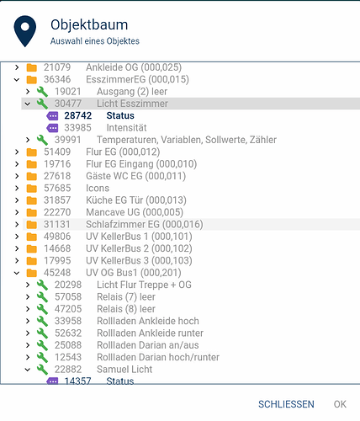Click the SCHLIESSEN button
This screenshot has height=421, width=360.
(x=286, y=404)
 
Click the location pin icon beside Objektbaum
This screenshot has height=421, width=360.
(x=25, y=31)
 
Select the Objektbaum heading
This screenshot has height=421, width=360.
(x=89, y=24)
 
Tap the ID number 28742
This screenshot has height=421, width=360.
(x=78, y=115)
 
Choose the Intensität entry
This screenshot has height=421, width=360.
(x=126, y=128)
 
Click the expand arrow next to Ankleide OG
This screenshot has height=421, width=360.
(x=17, y=67)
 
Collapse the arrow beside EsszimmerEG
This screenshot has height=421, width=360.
(x=17, y=80)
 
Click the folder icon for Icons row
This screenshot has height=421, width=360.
(x=32, y=189)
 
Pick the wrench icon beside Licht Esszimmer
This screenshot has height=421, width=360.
(x=42, y=104)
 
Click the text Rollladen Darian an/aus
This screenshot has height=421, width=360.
(x=148, y=345)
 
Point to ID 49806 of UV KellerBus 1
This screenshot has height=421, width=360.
(x=57, y=237)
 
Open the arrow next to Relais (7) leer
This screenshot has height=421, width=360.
(x=28, y=296)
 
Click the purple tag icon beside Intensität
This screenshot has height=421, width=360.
(x=52, y=128)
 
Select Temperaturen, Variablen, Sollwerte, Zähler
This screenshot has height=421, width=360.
(x=187, y=140)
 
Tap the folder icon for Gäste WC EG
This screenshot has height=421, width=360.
(x=32, y=176)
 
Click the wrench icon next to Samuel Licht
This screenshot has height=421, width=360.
(x=42, y=369)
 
